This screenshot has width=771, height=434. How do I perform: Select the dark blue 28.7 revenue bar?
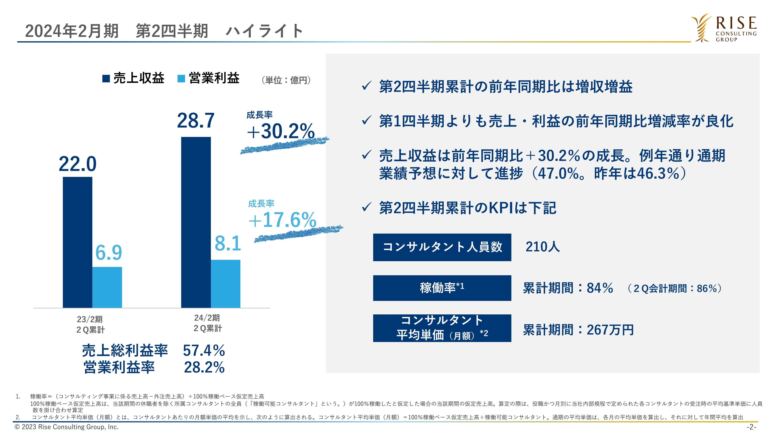tap(196, 222)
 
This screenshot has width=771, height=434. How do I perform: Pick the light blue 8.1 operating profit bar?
tap(225, 283)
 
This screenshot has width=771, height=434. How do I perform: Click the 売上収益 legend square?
tap(106, 79)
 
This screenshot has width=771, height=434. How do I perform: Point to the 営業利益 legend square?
tap(181, 79)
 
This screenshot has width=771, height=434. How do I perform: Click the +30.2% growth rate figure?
tap(281, 131)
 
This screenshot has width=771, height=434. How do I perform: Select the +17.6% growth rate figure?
tap(282, 220)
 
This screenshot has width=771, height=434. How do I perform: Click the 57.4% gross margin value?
tap(204, 350)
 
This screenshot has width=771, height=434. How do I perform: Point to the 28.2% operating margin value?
tap(204, 367)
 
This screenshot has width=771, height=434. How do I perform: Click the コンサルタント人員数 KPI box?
tap(442, 247)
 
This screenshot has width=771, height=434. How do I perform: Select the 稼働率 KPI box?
tap(442, 288)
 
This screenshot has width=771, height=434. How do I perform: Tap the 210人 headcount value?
tap(542, 247)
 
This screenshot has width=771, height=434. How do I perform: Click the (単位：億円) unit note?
tap(286, 80)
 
